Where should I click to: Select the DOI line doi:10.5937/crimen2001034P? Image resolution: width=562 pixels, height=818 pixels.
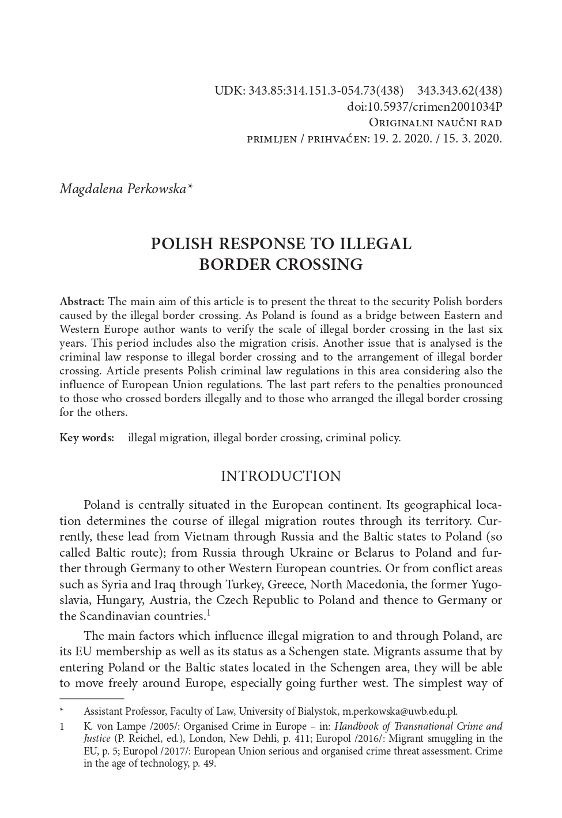coord(424,107)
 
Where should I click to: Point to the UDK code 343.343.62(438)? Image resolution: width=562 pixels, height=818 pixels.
coord(459,91)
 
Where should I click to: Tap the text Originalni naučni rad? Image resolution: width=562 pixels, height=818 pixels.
coord(435,123)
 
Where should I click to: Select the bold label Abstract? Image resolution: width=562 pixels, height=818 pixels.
coord(82,302)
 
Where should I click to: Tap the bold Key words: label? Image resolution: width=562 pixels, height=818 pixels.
coord(87,438)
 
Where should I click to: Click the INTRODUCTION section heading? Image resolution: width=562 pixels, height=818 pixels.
coord(281,476)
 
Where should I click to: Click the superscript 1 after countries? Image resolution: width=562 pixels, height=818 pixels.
coord(208,613)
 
